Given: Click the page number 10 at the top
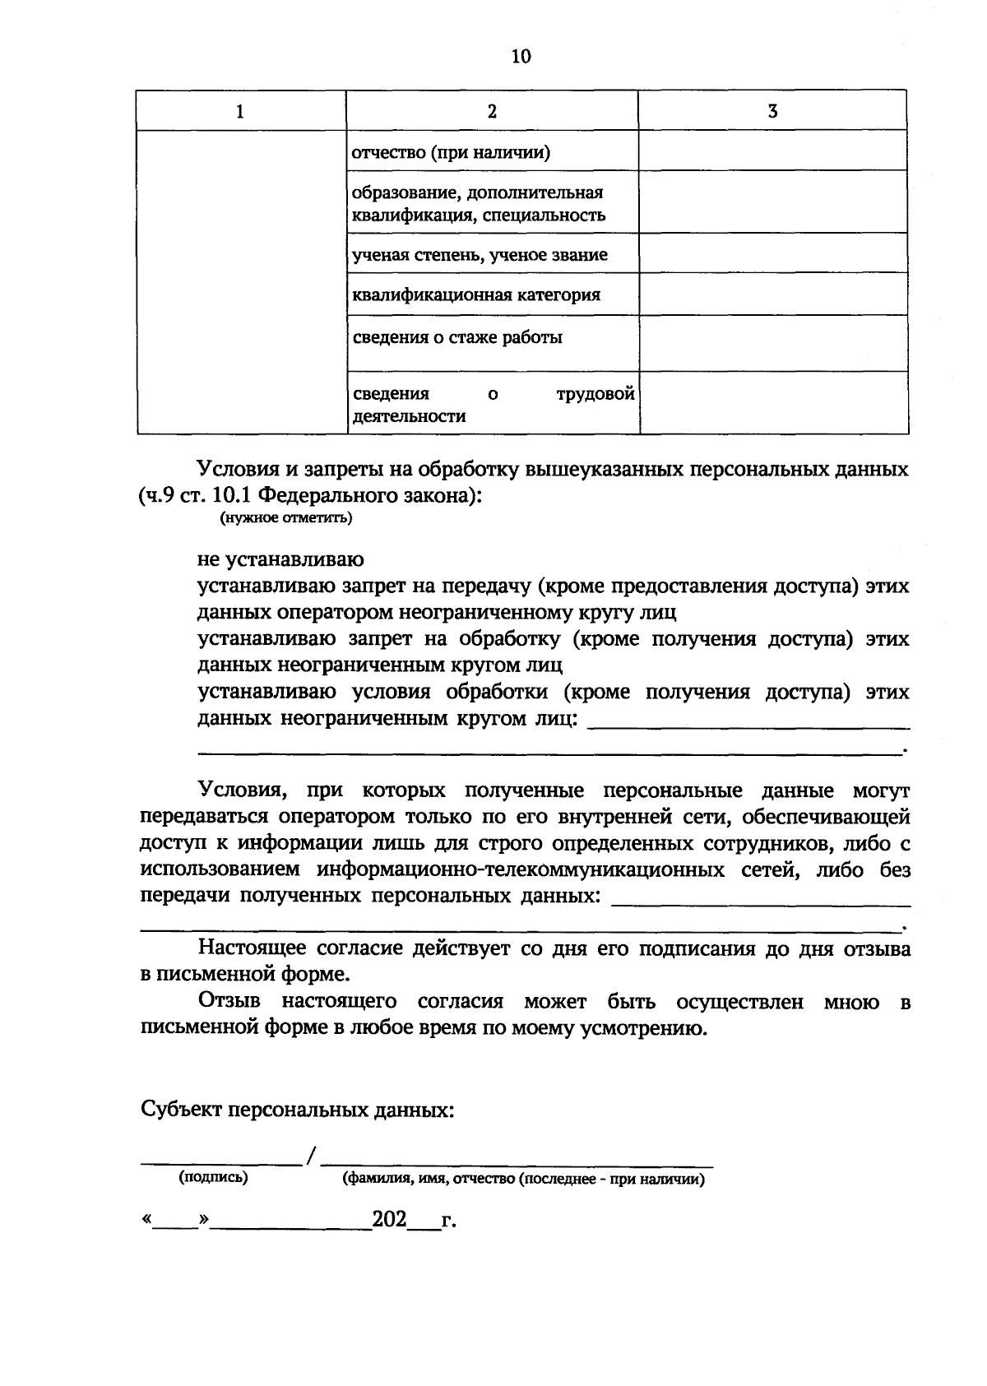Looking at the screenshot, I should coord(521,56).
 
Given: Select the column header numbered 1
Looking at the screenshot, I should coord(240,111).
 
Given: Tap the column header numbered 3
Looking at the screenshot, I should coord(772,111).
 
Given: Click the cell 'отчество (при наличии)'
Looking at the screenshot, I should coord(451,152).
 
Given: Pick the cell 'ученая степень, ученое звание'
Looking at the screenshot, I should coord(480,255).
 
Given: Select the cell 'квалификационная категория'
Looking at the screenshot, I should coord(476,294).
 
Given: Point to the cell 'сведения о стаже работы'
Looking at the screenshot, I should coord(457,337).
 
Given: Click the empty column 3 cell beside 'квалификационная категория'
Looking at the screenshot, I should coord(773,294).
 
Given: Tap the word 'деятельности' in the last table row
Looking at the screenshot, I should coord(409,416).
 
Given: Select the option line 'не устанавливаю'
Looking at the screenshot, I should coord(280,560).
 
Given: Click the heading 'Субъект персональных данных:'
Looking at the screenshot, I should coord(298,1110).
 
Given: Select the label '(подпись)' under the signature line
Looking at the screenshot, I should coord(213,1177).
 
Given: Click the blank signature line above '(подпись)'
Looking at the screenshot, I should coord(220,1161).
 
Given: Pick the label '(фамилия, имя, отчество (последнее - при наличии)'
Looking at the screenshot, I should coord(523,1179).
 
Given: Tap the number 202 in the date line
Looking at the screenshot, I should coord(390,1219).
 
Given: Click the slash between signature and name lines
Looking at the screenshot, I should coord(311,1157).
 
